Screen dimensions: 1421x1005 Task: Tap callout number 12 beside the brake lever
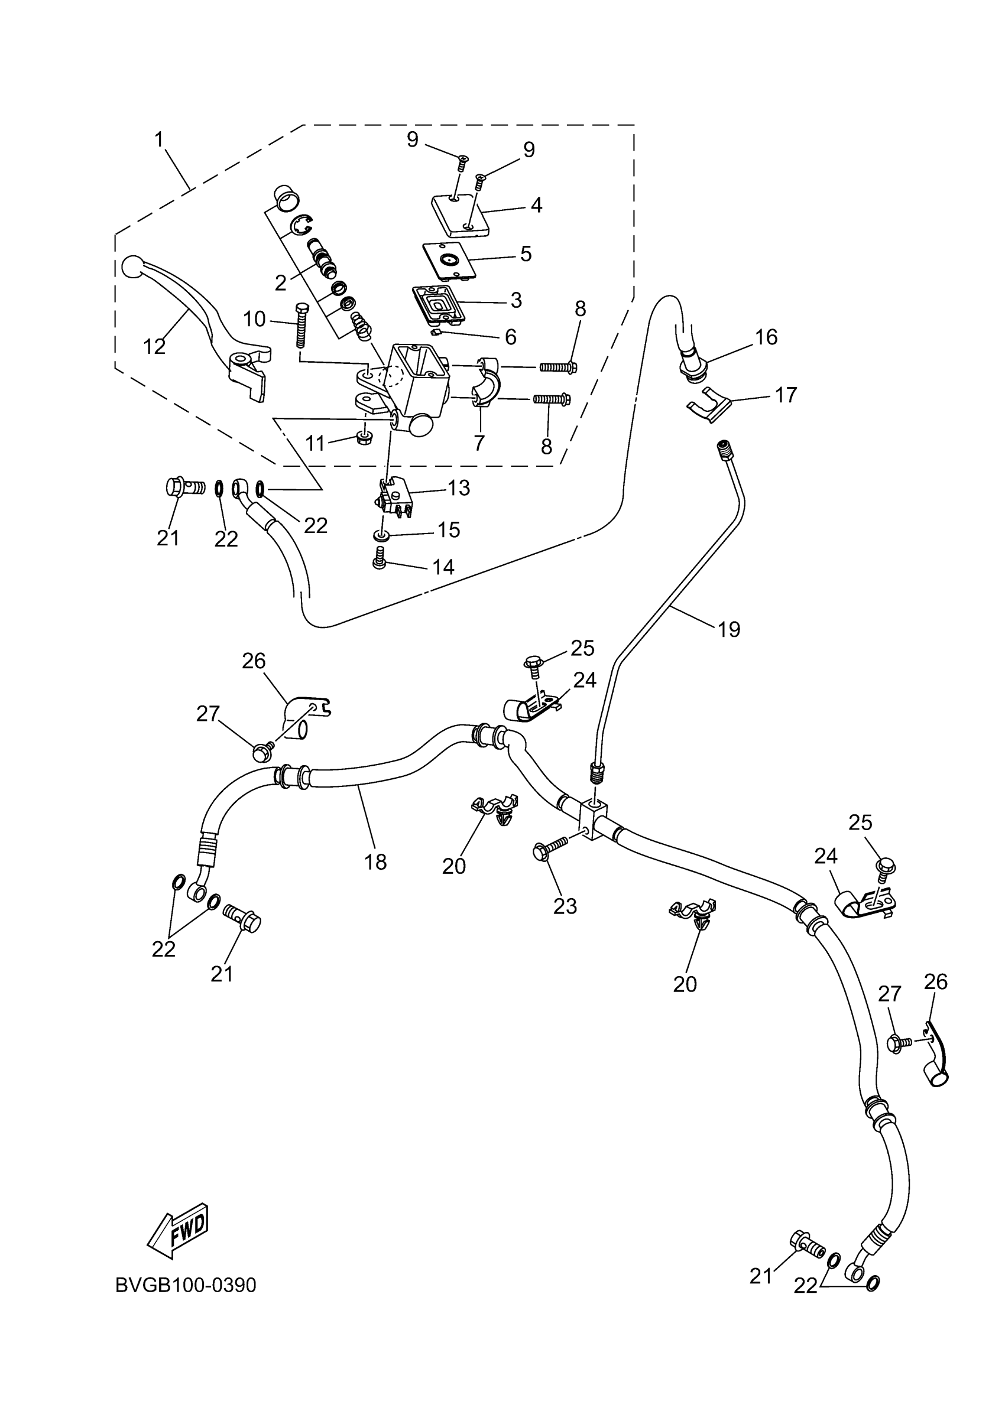(154, 347)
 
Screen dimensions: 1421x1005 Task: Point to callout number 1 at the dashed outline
(159, 140)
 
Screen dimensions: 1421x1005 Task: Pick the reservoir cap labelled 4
(461, 216)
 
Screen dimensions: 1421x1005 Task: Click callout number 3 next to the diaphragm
(516, 300)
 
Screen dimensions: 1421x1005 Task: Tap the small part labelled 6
(437, 331)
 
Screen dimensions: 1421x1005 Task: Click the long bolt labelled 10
(302, 327)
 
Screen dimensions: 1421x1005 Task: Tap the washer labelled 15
(381, 534)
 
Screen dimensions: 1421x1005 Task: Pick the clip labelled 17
(709, 406)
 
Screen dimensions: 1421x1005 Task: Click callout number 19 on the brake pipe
(729, 629)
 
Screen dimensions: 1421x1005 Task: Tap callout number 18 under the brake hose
(375, 861)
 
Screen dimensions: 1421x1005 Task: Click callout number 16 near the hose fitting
(766, 337)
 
